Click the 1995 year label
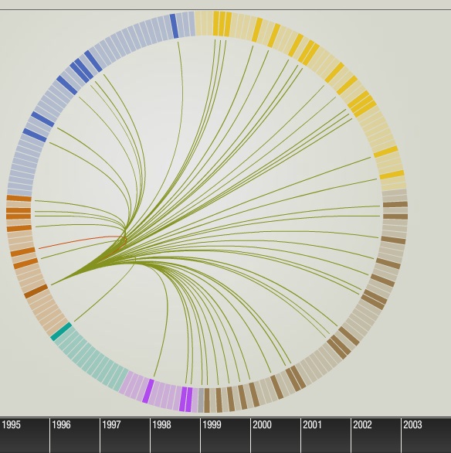[x=12, y=424]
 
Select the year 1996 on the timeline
[x=62, y=424]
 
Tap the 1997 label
[x=112, y=424]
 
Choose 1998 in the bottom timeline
[x=162, y=424]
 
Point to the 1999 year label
[x=212, y=424]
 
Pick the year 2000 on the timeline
[x=262, y=424]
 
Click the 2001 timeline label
[x=312, y=424]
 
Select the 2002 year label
[x=362, y=424]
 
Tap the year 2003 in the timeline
[x=412, y=424]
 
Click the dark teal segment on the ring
[x=61, y=332]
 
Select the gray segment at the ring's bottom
[x=201, y=400]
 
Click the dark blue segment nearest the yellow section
[x=174, y=26]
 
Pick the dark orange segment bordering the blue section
[x=19, y=198]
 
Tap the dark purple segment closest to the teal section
[x=148, y=391]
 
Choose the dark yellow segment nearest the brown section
[x=392, y=175]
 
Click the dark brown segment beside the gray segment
[x=207, y=400]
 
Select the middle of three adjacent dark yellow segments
[x=222, y=24]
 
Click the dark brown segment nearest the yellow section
[x=395, y=204]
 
